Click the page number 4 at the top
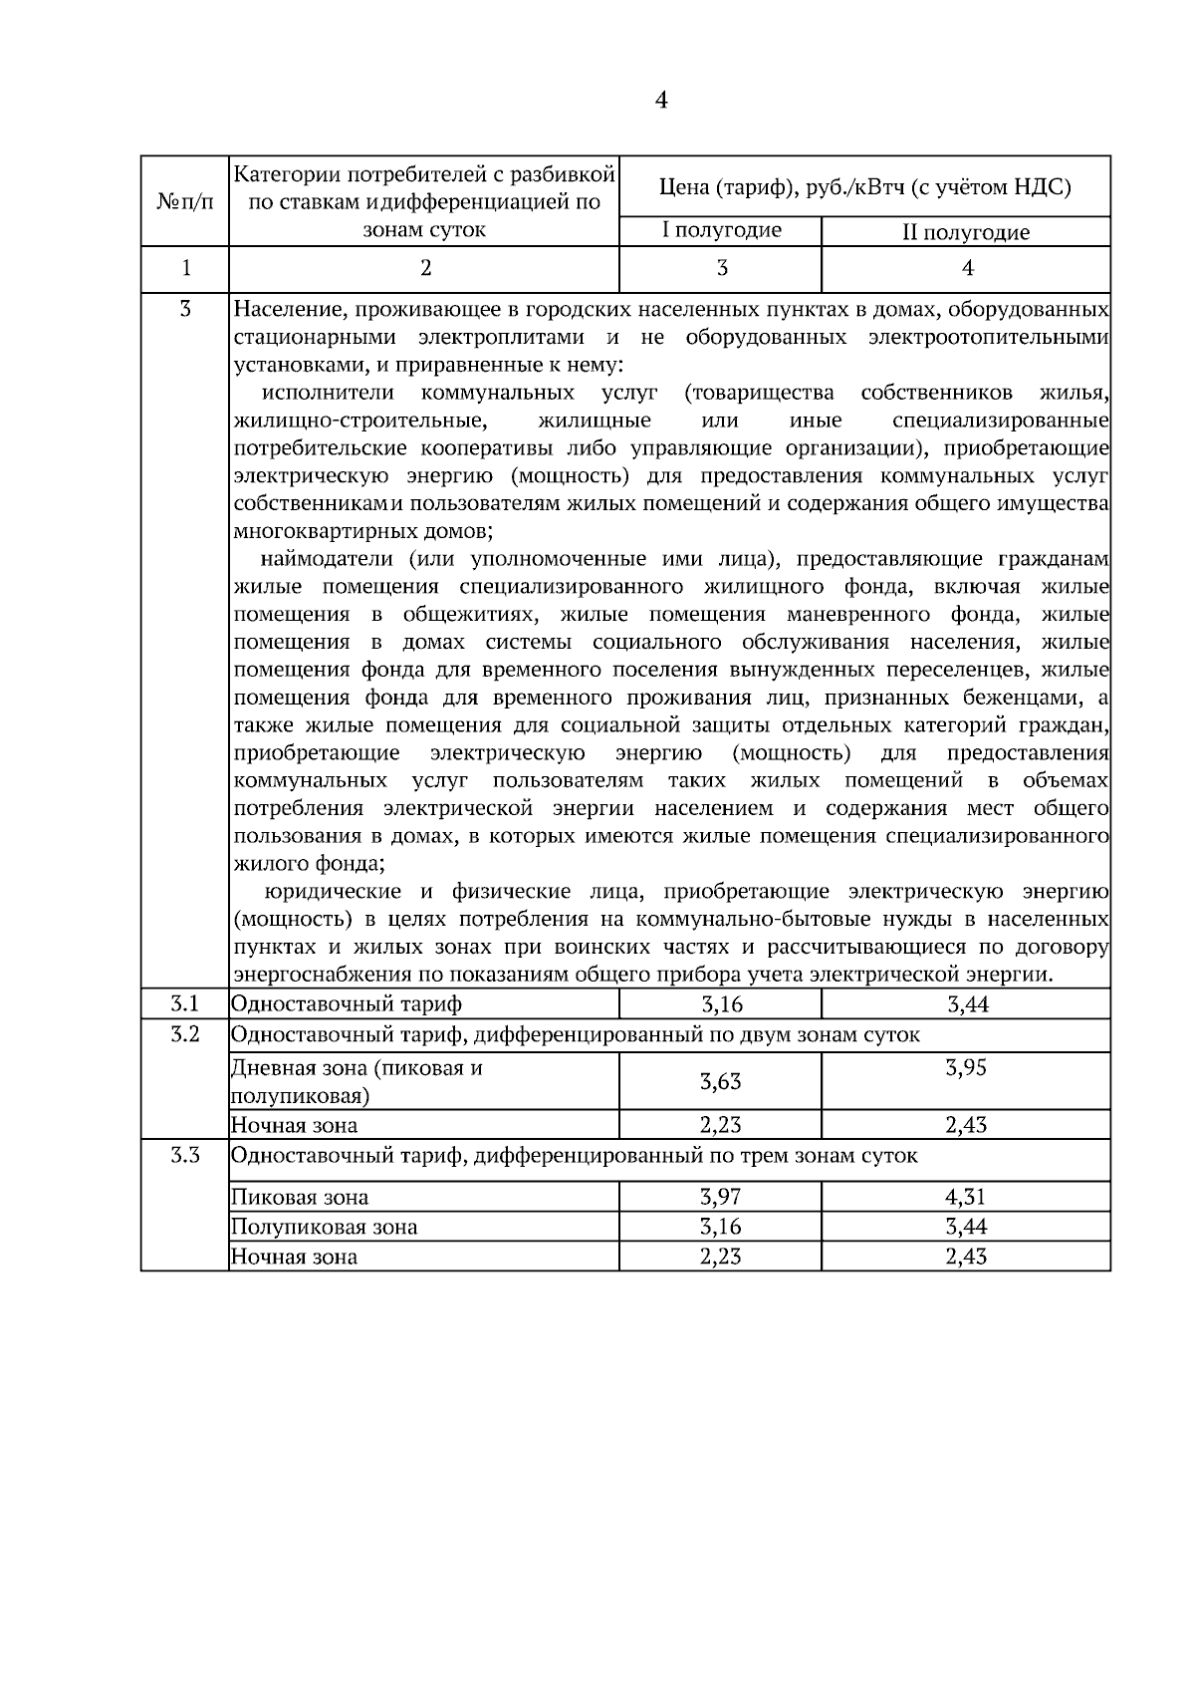click(x=661, y=100)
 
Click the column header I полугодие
click(x=722, y=231)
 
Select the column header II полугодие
click(x=965, y=233)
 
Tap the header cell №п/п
click(x=185, y=202)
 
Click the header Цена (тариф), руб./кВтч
click(x=864, y=186)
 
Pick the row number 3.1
click(x=185, y=1003)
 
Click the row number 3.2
click(x=185, y=1034)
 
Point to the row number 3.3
click(x=185, y=1156)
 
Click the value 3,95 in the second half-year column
click(x=965, y=1068)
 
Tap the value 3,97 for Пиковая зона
click(x=720, y=1197)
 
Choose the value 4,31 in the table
click(x=965, y=1197)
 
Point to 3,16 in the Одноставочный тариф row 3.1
click(x=721, y=1004)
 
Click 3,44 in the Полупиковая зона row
click(x=966, y=1227)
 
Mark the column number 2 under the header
click(x=425, y=268)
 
